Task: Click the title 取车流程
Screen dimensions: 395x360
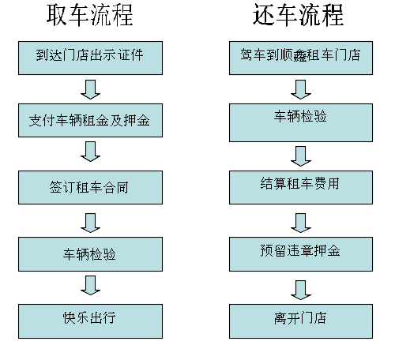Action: coord(90,15)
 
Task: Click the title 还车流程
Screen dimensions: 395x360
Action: coord(298,15)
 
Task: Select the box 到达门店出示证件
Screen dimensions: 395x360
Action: coord(90,58)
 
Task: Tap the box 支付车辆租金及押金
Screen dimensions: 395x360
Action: coord(90,120)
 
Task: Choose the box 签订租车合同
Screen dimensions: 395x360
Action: coord(90,187)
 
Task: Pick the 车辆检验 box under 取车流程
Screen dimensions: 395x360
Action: coord(90,254)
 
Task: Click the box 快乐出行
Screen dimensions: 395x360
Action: coord(90,321)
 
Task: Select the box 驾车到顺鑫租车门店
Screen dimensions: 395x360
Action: coord(301,58)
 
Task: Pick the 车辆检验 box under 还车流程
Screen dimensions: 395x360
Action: coord(301,122)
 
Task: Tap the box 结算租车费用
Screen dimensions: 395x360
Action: coord(301,187)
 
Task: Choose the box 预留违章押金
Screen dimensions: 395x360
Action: coord(301,254)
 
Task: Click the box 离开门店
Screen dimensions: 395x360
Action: coord(301,321)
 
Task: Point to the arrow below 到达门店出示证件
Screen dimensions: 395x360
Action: coord(90,90)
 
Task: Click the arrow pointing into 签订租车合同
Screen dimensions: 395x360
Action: coord(90,152)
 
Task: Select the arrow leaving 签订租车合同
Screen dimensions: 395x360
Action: coord(90,223)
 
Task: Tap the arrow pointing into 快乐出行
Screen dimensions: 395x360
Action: coord(90,286)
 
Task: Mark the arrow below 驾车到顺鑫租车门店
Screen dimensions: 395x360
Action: coord(301,90)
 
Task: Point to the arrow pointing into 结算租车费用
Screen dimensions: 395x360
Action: coord(301,156)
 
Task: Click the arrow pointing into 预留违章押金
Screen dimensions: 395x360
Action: coord(301,223)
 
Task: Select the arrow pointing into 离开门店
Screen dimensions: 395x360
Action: coord(301,290)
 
